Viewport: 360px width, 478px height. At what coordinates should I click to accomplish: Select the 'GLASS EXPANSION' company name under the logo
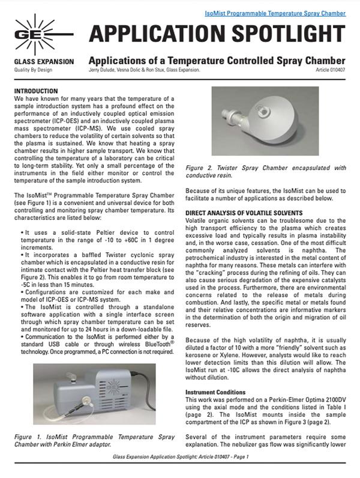tap(44, 62)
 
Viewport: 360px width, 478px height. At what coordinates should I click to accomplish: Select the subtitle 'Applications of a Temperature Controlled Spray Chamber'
tap(216, 61)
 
